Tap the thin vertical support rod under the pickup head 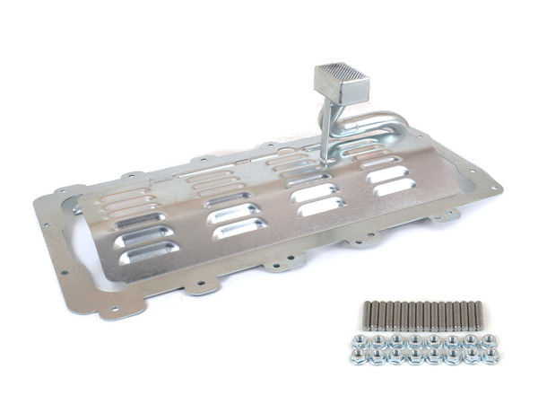tap(325, 135)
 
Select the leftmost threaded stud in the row tap(368, 315)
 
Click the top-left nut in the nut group tap(360, 342)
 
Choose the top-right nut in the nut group tap(490, 341)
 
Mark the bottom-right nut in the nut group tap(490, 356)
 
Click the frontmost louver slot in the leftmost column tap(149, 253)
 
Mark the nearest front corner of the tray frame tap(110, 311)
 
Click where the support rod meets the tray tap(324, 161)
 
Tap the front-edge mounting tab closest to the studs tap(364, 239)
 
